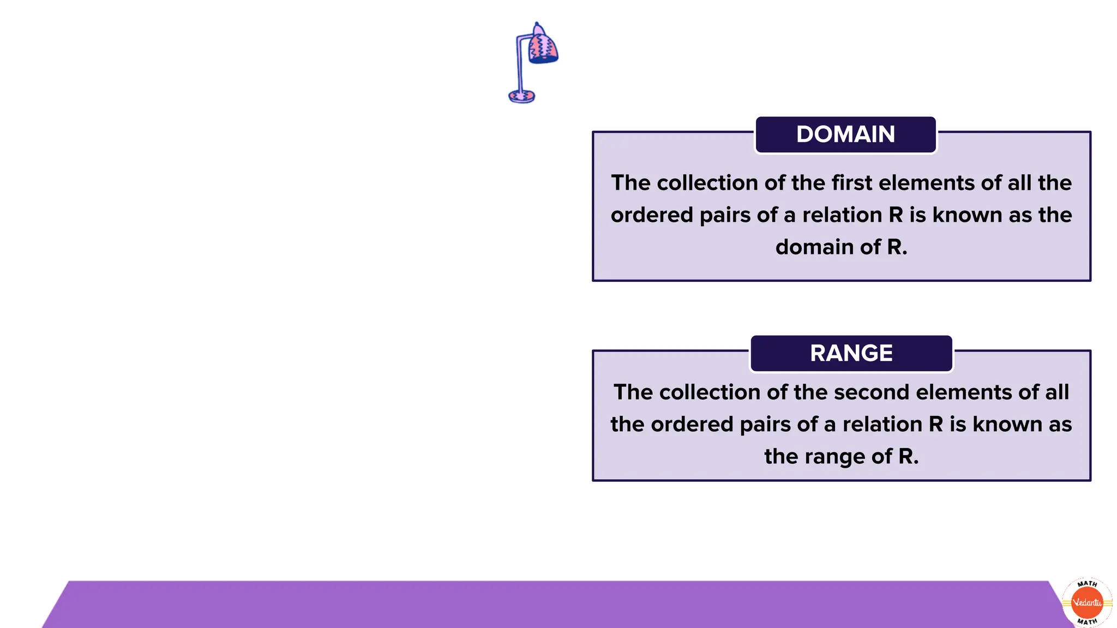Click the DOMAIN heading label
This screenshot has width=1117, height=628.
(845, 135)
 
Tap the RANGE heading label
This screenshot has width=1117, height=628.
(851, 353)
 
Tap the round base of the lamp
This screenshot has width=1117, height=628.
(521, 96)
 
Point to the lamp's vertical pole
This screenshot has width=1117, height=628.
(520, 65)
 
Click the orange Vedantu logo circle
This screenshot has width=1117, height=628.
(1087, 602)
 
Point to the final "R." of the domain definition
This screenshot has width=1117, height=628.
(897, 247)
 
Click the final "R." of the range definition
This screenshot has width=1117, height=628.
(908, 456)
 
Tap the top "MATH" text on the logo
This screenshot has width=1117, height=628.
(1087, 584)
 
